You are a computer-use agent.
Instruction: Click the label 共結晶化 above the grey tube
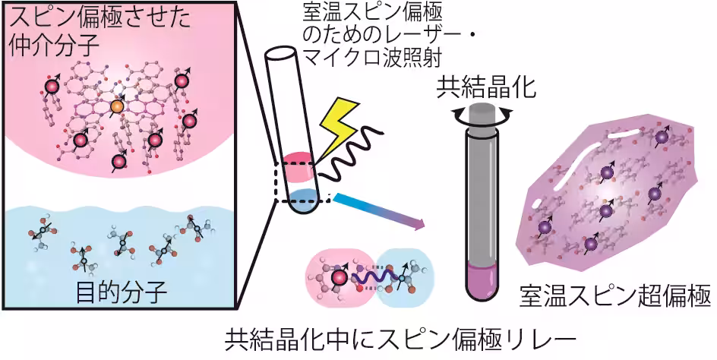click(487, 87)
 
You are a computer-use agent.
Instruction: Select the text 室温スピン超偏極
click(615, 295)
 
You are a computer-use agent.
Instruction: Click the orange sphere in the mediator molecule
click(117, 107)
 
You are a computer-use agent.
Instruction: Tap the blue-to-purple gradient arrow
click(381, 211)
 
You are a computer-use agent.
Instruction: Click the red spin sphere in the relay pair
click(339, 276)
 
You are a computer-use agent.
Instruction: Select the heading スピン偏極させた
click(95, 19)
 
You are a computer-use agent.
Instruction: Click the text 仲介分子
click(50, 46)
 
